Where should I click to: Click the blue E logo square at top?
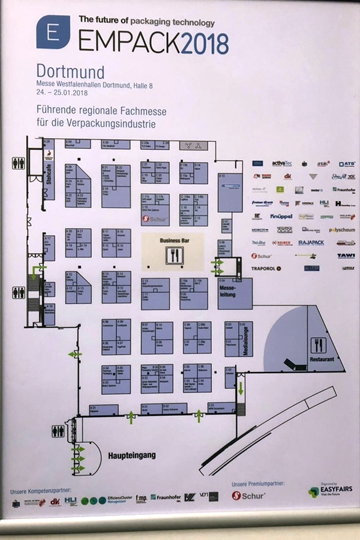point(52,31)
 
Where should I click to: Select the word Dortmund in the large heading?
point(70,71)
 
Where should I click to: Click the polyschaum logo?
point(341,230)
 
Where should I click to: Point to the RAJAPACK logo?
point(311,243)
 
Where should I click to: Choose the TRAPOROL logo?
point(266,268)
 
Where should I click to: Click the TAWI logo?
point(346,256)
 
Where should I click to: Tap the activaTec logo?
point(281,163)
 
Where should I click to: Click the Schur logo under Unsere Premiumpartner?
point(249,496)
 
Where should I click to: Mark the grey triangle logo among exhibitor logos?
point(313,177)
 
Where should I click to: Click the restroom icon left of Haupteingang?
point(58,431)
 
